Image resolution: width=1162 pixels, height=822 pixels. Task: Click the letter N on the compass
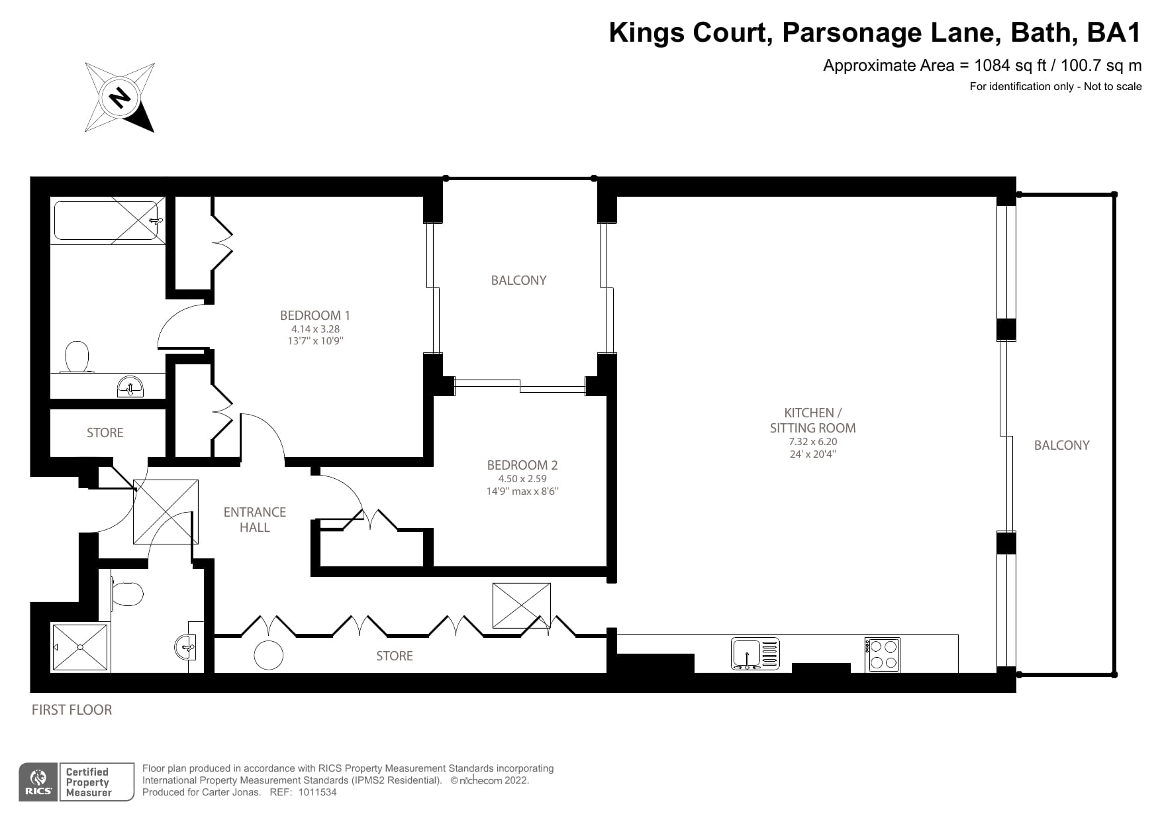click(x=120, y=97)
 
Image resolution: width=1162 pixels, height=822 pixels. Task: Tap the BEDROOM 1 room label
click(x=315, y=315)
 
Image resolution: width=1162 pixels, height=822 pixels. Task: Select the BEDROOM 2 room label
click(x=522, y=465)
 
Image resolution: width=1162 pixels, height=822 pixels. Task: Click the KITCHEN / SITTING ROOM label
click(x=812, y=420)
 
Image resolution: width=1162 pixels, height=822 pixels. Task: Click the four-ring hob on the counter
click(x=882, y=654)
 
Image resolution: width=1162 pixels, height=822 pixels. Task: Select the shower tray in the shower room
click(x=80, y=647)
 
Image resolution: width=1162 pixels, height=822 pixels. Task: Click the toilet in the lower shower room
click(x=128, y=593)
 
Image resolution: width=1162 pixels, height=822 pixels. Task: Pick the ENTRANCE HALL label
click(x=255, y=519)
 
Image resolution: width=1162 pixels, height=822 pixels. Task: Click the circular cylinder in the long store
click(x=269, y=656)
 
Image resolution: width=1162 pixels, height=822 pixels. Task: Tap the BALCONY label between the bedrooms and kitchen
click(x=518, y=280)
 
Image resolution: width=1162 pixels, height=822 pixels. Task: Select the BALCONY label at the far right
click(x=1061, y=445)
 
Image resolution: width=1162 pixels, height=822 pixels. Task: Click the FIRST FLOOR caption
click(x=72, y=709)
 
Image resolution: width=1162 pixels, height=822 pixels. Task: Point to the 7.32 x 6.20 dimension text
click(x=812, y=442)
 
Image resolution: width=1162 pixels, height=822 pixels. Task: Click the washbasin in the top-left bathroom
click(x=130, y=387)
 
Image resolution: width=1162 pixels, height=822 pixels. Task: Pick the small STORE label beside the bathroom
click(x=105, y=433)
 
